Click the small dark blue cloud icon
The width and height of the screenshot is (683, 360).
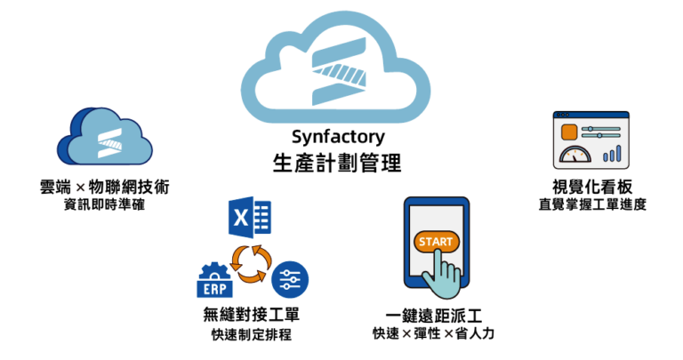100,139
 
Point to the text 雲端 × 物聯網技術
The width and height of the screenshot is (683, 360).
100,188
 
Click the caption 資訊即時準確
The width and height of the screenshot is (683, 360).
100,205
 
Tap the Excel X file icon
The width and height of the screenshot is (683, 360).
249,219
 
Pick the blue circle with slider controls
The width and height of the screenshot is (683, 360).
289,280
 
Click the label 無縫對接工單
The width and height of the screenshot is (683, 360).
245,316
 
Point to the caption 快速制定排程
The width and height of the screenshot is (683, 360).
245,335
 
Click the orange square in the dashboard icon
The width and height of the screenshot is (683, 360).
568,132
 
